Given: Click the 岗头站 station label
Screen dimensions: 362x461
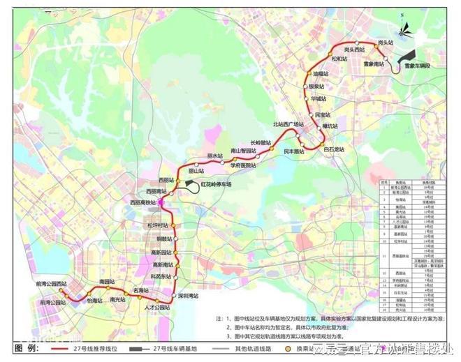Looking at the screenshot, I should [x=387, y=43].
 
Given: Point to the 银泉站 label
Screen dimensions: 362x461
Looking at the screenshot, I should [x=319, y=86].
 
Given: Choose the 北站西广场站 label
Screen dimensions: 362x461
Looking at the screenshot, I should [x=290, y=124].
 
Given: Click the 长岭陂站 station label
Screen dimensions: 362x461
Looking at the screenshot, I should [x=260, y=142].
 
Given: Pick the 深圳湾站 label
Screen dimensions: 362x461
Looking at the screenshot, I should [x=187, y=296].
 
